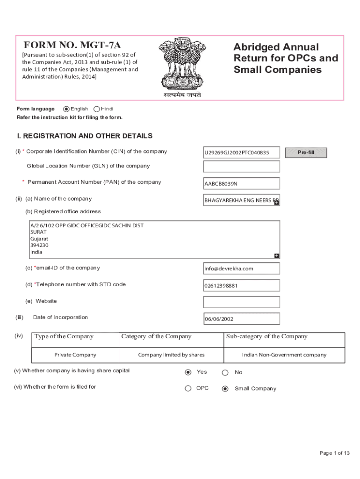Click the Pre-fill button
point(306,152)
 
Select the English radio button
point(66,109)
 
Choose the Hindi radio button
point(97,109)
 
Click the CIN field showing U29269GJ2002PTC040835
point(241,153)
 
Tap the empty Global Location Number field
point(241,167)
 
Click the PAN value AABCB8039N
point(241,184)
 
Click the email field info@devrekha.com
point(241,269)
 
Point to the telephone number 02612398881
point(241,285)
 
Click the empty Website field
point(241,302)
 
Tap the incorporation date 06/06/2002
point(241,319)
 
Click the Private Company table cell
point(75,355)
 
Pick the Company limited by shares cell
point(171,355)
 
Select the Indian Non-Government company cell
point(284,355)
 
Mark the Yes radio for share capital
point(188,372)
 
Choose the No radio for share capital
point(225,373)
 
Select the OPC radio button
point(188,388)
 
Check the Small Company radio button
point(225,388)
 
